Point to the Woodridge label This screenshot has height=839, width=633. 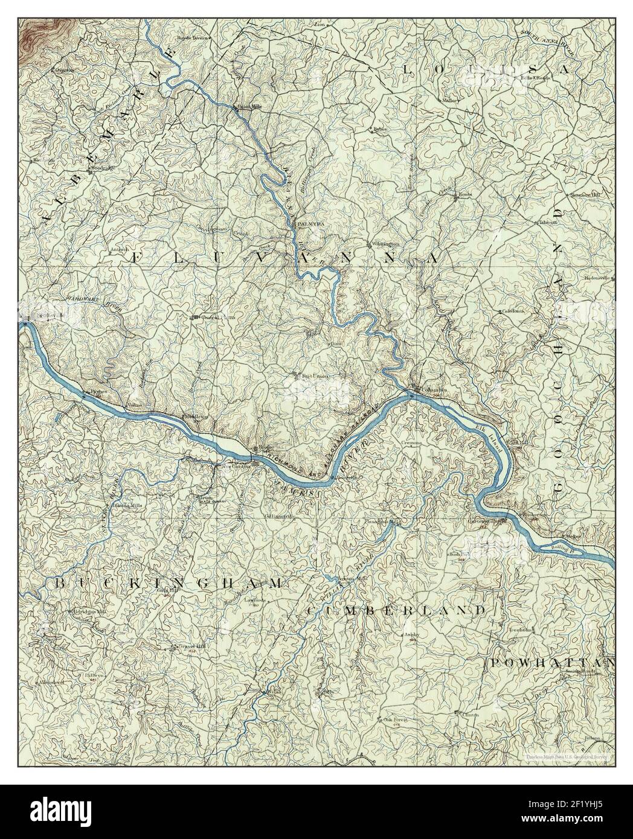101,168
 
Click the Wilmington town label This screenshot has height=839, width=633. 387,243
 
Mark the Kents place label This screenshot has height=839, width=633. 464,195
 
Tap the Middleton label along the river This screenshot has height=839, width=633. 196,416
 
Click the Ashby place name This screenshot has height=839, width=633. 411,634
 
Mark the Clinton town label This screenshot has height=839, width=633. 471,715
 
